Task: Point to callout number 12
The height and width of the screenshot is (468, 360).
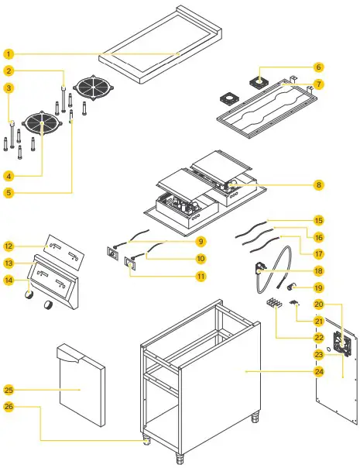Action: coord(9,246)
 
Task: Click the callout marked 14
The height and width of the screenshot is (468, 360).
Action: coord(9,280)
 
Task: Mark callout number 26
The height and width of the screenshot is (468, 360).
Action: coord(9,405)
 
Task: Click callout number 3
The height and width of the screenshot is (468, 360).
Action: coord(9,88)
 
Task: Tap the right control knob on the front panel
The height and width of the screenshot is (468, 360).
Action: coord(50,305)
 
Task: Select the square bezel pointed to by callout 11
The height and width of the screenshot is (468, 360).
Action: coord(129,265)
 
